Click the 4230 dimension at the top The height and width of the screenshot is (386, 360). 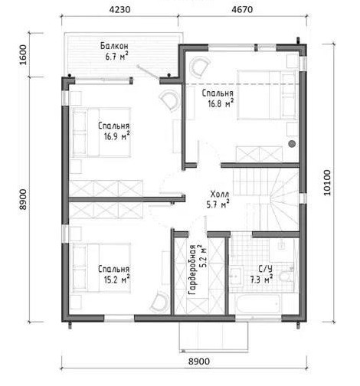pos(119,10)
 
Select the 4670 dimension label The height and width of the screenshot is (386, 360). pos(242,10)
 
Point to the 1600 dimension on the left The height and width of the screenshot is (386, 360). pos(23,55)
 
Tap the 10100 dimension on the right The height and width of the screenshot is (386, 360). pos(327,183)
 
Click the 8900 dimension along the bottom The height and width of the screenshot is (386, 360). pos(199,361)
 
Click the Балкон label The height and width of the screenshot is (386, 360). pos(114,46)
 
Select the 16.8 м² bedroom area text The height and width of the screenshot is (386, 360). pos(221,103)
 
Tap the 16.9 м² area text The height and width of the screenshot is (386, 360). pos(116,136)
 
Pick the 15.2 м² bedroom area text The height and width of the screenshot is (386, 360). pos(116,280)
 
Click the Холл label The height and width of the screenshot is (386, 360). pos(220,194)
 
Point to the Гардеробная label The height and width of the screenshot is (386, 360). pos(192,270)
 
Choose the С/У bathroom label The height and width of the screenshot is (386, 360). pos(266,269)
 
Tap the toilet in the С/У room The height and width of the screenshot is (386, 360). pos(286,276)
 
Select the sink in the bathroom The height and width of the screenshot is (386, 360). pos(236,276)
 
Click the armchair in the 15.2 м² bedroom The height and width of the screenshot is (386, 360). pos(160,303)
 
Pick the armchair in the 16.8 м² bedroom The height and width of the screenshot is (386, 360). pos(199,67)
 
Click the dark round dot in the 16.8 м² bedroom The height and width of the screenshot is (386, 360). pos(292,144)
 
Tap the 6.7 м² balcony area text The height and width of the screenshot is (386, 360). pos(116,56)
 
